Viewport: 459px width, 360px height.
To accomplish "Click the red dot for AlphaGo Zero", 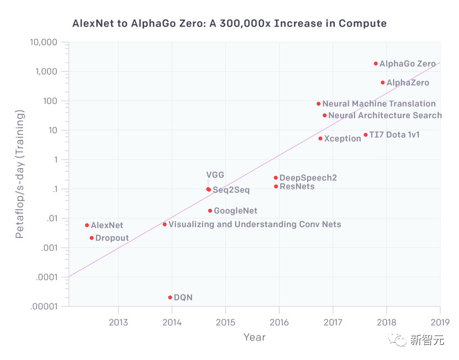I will click(375, 64).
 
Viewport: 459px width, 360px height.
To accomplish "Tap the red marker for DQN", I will click(170, 297).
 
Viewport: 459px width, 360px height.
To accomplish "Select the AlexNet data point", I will click(87, 225).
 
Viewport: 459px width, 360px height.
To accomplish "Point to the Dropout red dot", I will click(92, 238).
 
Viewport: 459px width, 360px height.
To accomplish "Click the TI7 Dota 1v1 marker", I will click(366, 135).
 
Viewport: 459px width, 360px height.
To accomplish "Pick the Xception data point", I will click(320, 138).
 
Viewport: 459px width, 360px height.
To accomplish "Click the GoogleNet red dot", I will click(210, 211).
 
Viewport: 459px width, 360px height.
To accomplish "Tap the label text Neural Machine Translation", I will click(379, 104).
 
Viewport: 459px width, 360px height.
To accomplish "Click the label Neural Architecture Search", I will click(384, 115).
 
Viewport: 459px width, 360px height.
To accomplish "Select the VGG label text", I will click(215, 175).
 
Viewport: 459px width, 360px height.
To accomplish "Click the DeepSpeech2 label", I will click(308, 178).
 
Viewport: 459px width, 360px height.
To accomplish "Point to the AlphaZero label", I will click(408, 83).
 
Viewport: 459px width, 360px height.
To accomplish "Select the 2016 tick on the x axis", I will click(279, 323).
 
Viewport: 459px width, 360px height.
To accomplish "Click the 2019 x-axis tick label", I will click(439, 323).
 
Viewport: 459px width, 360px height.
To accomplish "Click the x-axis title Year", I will click(254, 337).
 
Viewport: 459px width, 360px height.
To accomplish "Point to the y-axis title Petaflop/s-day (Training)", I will click(19, 174).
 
